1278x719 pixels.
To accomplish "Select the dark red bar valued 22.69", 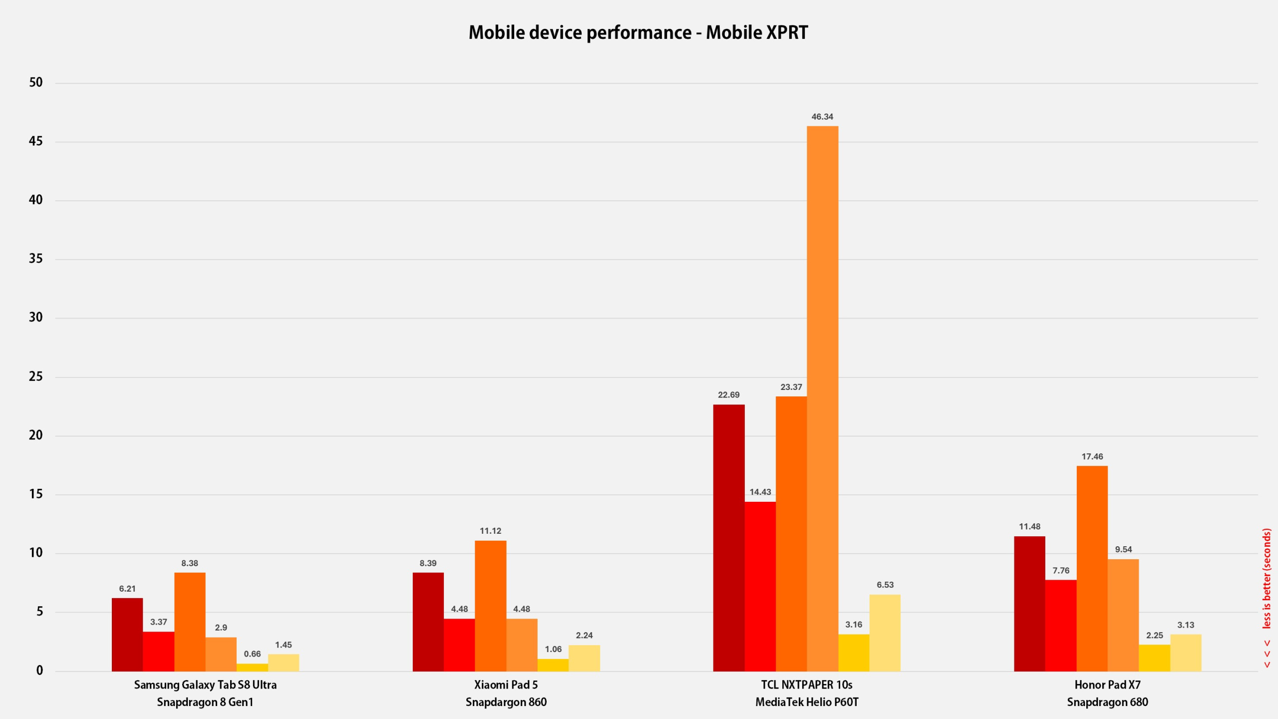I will click(728, 538).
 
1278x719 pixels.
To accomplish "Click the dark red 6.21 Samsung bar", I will click(127, 635).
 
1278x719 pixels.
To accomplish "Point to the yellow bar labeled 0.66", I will click(252, 667).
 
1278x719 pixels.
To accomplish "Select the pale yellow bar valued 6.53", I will click(885, 633).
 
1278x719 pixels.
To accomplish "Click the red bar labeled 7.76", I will click(1060, 625).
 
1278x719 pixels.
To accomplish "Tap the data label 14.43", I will click(760, 492).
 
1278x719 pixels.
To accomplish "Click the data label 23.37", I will click(791, 387).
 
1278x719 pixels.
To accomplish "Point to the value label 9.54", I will click(1123, 549).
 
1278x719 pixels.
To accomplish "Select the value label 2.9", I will click(221, 628).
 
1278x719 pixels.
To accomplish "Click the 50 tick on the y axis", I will click(36, 82).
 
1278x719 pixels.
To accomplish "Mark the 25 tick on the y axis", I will click(36, 376).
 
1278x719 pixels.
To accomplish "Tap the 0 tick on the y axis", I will click(39, 671).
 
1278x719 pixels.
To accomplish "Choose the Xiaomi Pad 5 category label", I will click(506, 685).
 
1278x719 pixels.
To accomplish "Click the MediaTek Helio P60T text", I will click(807, 702).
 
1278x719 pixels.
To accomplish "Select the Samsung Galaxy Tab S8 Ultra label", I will click(205, 685).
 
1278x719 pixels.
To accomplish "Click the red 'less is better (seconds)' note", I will click(1267, 579).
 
